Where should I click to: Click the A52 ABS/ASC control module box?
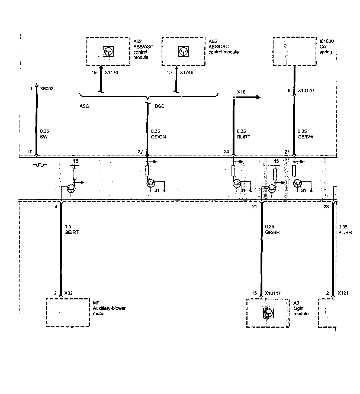(108, 51)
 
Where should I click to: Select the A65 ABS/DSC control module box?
(183, 51)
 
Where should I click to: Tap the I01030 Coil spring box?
(294, 51)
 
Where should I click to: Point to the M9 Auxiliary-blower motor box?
(68, 313)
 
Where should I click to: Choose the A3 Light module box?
(268, 313)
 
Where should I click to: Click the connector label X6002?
(47, 89)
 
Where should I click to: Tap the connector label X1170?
(111, 73)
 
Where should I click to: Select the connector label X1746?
(187, 73)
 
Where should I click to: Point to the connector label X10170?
(306, 91)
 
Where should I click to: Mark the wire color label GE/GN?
(158, 137)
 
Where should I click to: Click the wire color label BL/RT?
(243, 137)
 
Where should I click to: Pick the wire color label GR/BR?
(272, 232)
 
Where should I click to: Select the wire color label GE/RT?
(72, 232)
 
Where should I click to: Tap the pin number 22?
(140, 152)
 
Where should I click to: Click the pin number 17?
(29, 152)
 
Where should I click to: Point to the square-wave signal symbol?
(39, 164)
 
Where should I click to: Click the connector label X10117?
(273, 293)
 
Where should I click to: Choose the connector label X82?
(68, 293)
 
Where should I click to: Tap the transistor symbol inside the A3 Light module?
(268, 313)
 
